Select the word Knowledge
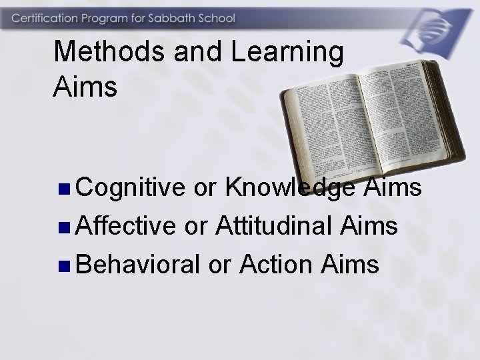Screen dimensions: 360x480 (291, 189)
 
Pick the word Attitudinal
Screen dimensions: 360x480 (275, 227)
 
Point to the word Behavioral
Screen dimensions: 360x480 (138, 265)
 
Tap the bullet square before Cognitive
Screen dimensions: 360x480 (63, 190)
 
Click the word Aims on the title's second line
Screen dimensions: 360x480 (85, 87)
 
